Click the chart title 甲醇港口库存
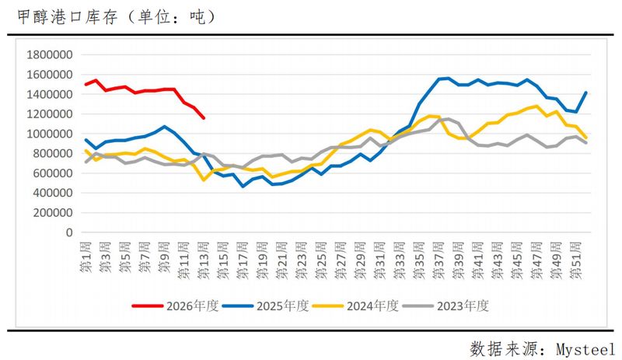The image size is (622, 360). pyautogui.click(x=58, y=16)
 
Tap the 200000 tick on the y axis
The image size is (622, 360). pyautogui.click(x=48, y=212)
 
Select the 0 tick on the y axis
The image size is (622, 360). pyautogui.click(x=68, y=232)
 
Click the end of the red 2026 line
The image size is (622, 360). pyautogui.click(x=204, y=118)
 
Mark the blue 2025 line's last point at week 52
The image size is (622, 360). pyautogui.click(x=585, y=93)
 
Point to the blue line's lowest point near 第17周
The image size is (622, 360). pyautogui.click(x=243, y=187)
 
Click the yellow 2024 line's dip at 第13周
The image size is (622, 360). pyautogui.click(x=204, y=180)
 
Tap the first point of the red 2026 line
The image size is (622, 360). pyautogui.click(x=86, y=84)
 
